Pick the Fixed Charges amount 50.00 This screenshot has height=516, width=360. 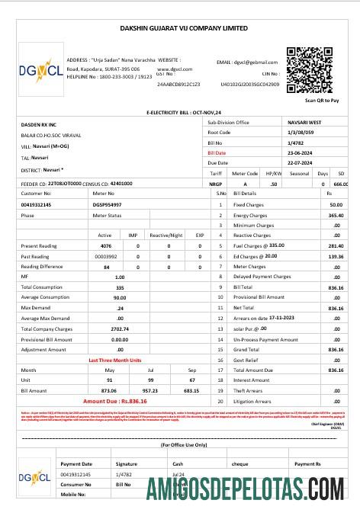tap(336, 205)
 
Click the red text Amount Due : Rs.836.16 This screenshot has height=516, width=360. tap(114, 400)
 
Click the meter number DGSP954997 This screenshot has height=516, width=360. tap(108, 205)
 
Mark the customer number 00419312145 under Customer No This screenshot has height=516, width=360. tap(37, 205)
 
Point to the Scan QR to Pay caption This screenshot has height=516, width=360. tap(321, 100)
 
